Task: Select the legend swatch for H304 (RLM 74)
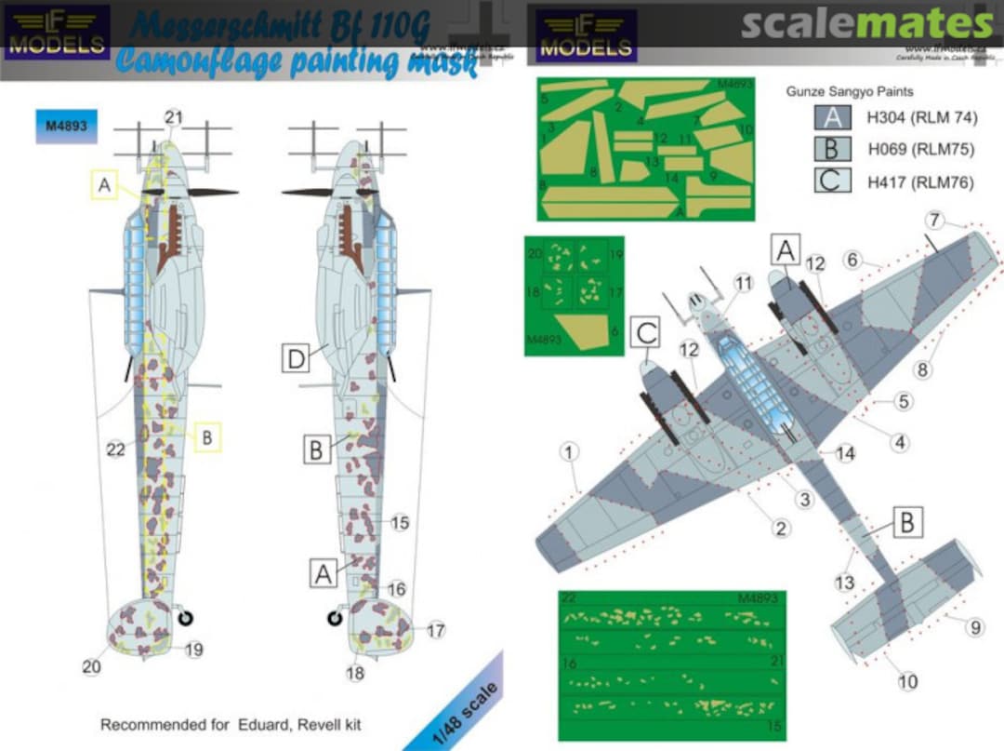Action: (x=832, y=118)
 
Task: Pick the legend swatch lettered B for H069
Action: (x=832, y=150)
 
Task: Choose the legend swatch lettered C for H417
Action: (x=832, y=181)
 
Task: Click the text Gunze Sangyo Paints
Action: (x=850, y=91)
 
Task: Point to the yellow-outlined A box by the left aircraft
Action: (x=105, y=187)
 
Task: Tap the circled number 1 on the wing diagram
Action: (x=570, y=452)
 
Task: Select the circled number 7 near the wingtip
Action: (x=935, y=221)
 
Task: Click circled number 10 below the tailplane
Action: (x=907, y=681)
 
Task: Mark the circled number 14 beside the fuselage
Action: (x=844, y=454)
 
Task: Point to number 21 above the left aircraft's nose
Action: (x=174, y=117)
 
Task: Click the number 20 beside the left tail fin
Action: (x=92, y=666)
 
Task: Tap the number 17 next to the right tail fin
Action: (x=436, y=630)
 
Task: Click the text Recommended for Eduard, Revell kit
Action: (x=231, y=724)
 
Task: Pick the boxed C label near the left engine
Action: (x=648, y=330)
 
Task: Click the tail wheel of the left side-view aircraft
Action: (x=186, y=615)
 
